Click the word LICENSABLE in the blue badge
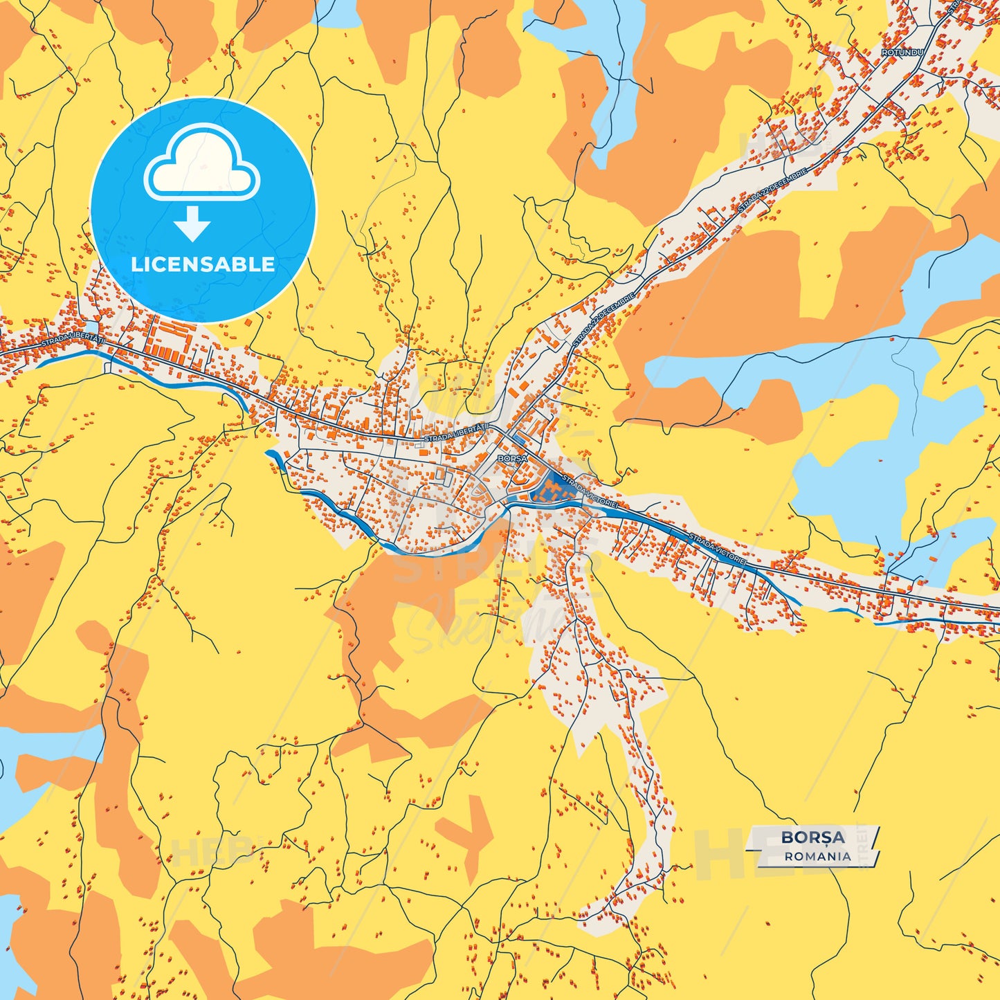(x=203, y=264)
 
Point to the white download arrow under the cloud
(x=192, y=224)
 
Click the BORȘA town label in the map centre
(x=512, y=458)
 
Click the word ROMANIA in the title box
(x=817, y=856)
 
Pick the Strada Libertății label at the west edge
(x=73, y=341)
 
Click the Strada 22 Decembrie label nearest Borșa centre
(x=603, y=320)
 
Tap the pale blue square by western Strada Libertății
(x=91, y=326)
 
